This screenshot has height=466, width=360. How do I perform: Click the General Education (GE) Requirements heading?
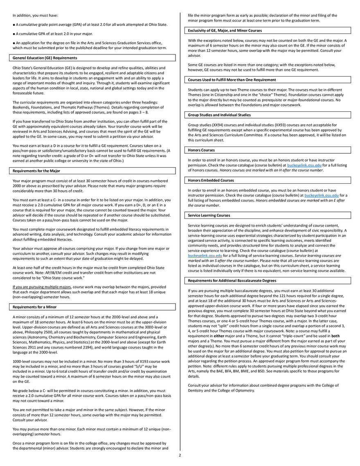tap(45, 58)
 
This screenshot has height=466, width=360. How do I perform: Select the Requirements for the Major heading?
tap(36, 171)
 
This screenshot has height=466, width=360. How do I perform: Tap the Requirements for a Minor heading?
tap(34, 307)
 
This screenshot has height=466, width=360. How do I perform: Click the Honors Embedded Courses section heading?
tap(211, 180)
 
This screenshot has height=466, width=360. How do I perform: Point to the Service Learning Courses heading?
tap(209, 216)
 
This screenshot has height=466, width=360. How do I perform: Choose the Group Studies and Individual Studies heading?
tap(219, 115)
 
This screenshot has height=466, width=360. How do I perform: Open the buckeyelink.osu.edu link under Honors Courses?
tap(304, 165)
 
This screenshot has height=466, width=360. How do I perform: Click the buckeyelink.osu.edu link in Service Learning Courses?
tap(205, 256)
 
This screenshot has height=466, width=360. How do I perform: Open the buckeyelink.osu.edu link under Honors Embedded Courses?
tap(322, 195)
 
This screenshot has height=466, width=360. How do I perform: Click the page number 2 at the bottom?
tap(180, 455)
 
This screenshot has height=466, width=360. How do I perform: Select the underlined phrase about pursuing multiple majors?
tap(42, 287)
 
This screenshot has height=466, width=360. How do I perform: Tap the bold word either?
tap(219, 336)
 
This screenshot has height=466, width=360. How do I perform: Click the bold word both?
tap(335, 336)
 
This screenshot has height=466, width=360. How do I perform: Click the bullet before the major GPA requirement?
tap(13, 34)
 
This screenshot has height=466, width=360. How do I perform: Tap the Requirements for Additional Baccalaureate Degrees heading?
tap(232, 281)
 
